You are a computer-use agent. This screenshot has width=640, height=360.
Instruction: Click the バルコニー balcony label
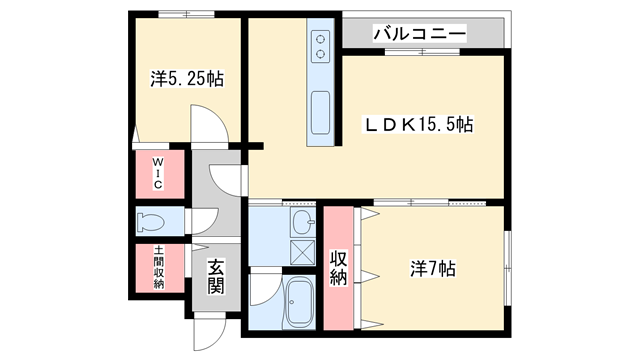click(419, 33)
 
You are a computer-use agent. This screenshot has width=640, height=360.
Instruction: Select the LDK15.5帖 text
click(417, 125)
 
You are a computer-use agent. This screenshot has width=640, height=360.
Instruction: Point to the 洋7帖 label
click(432, 269)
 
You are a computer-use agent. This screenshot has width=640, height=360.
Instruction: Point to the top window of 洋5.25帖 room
click(185, 14)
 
